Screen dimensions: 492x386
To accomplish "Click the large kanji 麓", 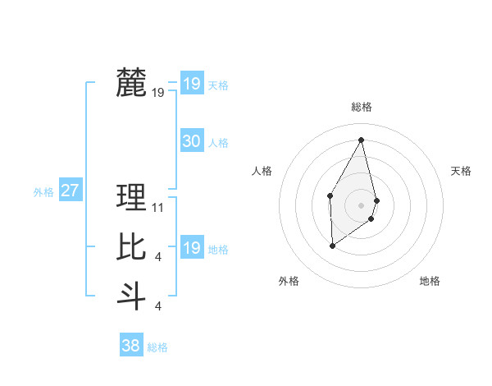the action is (131, 83).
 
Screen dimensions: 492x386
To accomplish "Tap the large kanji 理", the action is (131, 197).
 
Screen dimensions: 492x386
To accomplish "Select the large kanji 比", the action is (131, 246).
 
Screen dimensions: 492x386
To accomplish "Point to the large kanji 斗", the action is (131, 295).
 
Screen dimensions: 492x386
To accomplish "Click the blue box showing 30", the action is (191, 141).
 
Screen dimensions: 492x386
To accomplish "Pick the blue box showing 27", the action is (70, 191).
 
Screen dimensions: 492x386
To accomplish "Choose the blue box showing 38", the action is (131, 346).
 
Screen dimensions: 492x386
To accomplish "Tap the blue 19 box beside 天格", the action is (191, 84).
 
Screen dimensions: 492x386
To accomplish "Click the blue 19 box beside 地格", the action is (191, 248).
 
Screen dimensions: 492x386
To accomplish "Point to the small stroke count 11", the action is (158, 208).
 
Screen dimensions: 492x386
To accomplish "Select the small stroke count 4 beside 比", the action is (157, 257).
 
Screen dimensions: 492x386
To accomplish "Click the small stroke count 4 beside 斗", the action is (157, 306).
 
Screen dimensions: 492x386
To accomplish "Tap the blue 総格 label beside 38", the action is (157, 347).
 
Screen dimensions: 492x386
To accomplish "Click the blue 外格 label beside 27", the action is (43, 192).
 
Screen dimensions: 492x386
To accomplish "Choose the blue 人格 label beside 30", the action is (218, 143).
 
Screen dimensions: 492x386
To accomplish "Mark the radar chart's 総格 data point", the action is (361, 140).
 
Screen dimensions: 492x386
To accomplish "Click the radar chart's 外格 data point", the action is (332, 245).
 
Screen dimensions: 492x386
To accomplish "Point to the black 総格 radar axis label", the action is (361, 107).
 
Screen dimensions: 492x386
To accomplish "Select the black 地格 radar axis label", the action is (430, 281).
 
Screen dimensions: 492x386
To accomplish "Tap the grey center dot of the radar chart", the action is (361, 204).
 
